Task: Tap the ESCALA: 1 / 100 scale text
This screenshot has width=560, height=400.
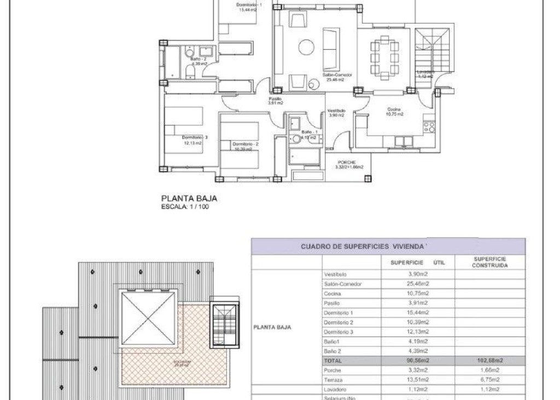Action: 185,207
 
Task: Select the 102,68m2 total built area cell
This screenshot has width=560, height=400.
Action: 491,361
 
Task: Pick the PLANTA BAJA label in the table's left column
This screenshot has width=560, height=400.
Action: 272,328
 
